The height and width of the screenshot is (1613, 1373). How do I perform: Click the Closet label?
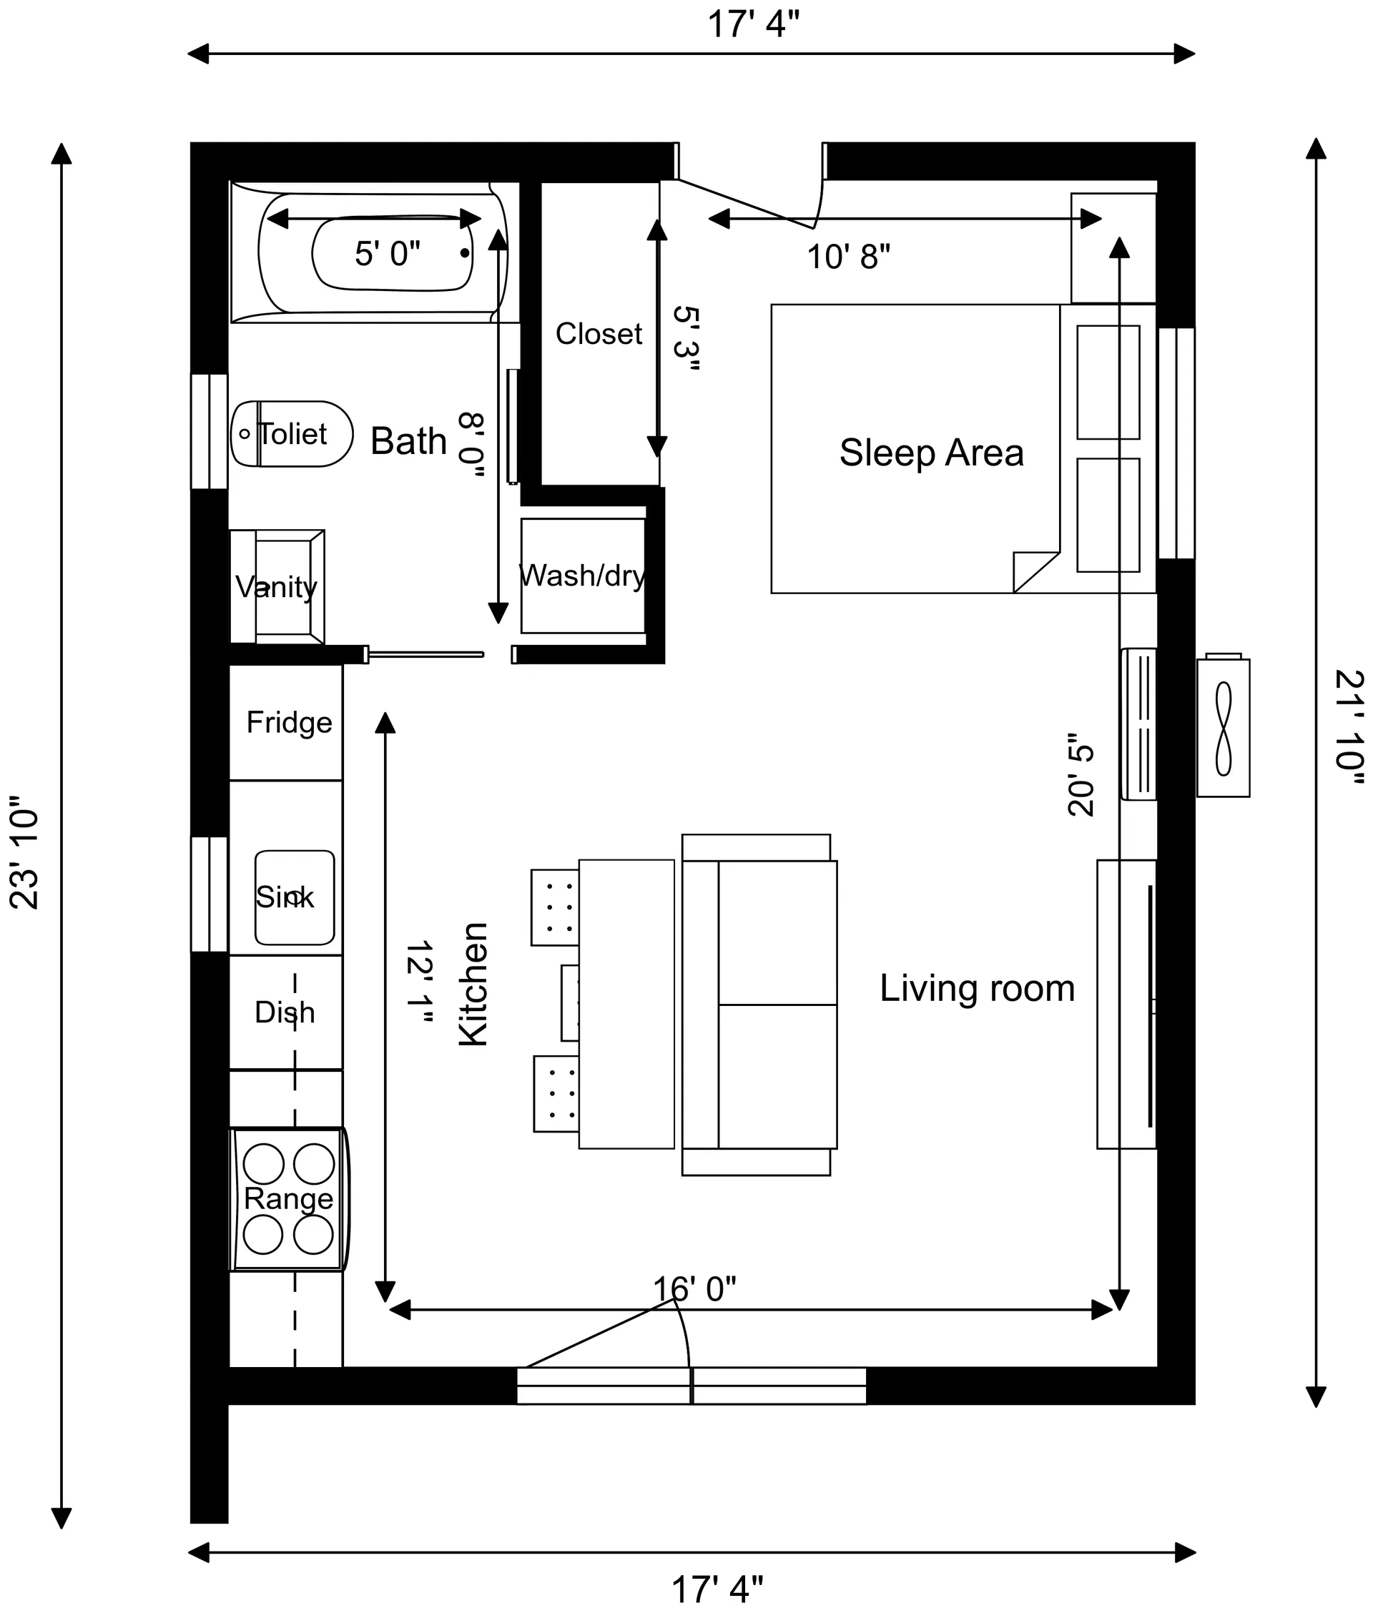598,334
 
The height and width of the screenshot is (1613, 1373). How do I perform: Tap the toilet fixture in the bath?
291,433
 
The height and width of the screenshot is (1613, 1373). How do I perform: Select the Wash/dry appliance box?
583,575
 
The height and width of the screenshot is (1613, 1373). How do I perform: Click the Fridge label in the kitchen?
289,722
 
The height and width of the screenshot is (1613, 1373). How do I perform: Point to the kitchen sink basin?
294,897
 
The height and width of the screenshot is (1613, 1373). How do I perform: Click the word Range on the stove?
288,1198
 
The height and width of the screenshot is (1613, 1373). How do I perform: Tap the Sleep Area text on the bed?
931,452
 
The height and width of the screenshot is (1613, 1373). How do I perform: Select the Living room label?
977,988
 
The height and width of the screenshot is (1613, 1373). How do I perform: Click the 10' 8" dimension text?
847,257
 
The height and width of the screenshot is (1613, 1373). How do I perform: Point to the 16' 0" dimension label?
694,1289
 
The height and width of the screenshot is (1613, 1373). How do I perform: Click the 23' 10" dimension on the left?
24,852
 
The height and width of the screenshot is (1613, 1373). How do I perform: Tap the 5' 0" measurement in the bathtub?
387,254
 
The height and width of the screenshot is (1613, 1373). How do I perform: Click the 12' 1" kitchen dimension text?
419,984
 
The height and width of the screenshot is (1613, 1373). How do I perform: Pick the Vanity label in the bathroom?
276,587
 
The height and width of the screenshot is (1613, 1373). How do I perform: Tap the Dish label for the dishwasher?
285,1012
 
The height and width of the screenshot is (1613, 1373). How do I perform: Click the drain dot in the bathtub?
465,253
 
